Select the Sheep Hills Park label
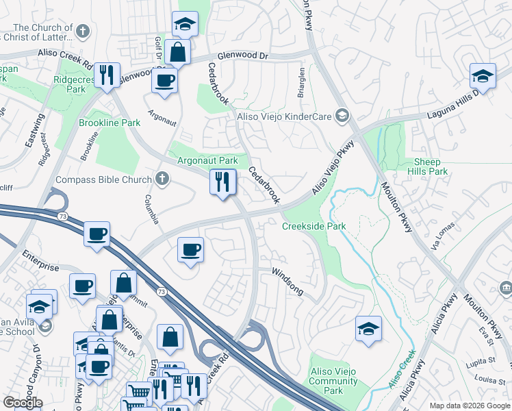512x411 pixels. coord(431,166)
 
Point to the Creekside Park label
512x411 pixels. coord(314,226)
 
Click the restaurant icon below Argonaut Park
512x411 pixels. coord(222,182)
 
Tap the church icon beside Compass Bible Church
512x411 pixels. coord(162,180)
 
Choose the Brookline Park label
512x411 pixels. coord(110,123)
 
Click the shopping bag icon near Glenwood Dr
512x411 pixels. coord(177,51)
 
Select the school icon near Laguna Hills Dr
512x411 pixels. coord(483,76)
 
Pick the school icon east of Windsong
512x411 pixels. coord(368,329)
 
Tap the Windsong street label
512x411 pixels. coord(287,282)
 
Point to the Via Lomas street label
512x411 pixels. coord(441,235)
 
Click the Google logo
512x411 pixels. coord(23,402)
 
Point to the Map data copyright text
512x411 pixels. coord(469,406)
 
